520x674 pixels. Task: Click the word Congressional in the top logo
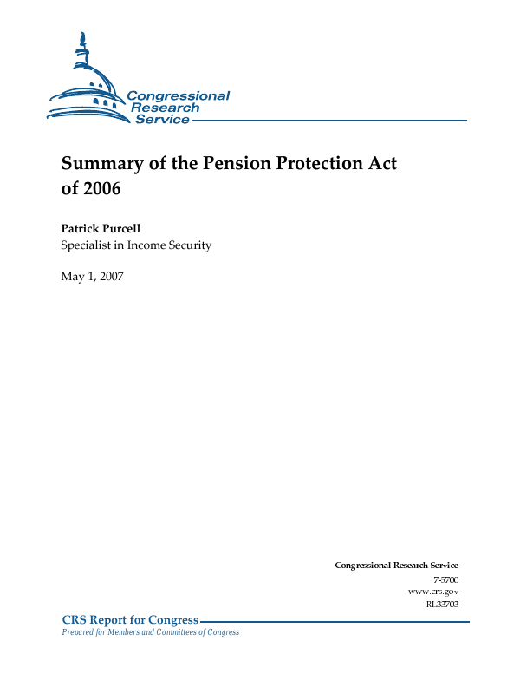pos(178,96)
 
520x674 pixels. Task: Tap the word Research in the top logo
pos(165,108)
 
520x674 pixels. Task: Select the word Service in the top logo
pos(162,120)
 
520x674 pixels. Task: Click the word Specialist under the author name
pos(86,245)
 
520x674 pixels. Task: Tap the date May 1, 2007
pos(93,277)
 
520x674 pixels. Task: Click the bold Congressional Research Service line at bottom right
pos(396,566)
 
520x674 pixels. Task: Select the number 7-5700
pos(445,579)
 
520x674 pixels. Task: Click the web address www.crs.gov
pos(432,591)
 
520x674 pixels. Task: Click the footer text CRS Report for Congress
pos(130,620)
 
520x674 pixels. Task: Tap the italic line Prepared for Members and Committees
pos(149,632)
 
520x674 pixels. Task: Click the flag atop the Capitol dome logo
pos(83,39)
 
